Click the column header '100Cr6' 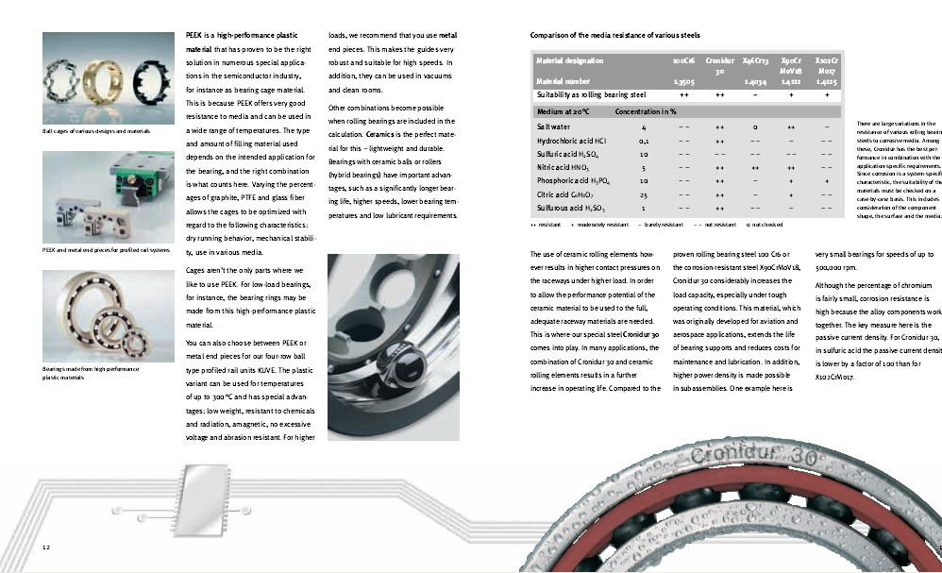coord(683,60)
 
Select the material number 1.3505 coord(683,82)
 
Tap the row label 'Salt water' coord(553,126)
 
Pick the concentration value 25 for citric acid coord(644,194)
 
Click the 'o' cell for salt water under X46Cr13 coord(755,126)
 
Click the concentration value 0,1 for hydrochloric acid coord(644,140)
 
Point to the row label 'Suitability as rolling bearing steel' coord(591,95)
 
